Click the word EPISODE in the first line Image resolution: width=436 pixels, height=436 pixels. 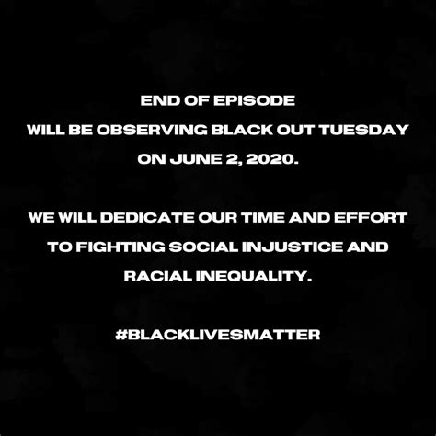pyautogui.click(x=254, y=100)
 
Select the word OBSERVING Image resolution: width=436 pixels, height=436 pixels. pyautogui.click(x=152, y=130)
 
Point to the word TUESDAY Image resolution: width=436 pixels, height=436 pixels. pyautogui.click(x=364, y=130)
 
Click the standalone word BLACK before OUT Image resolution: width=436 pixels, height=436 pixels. pyautogui.click(x=242, y=130)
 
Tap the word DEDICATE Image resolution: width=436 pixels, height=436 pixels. pyautogui.click(x=147, y=218)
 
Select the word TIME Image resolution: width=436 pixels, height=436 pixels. pyautogui.click(x=262, y=218)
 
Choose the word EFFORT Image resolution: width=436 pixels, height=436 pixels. pyautogui.click(x=371, y=218)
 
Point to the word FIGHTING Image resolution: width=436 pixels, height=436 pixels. pyautogui.click(x=120, y=247)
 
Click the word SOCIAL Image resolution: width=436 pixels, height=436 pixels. pyautogui.click(x=203, y=247)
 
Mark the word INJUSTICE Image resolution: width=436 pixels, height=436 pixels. pyautogui.click(x=293, y=247)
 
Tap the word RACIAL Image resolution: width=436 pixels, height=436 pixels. pyautogui.click(x=157, y=276)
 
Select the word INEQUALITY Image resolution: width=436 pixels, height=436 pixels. pyautogui.click(x=254, y=276)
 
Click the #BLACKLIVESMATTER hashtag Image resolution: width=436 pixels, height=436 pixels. pyautogui.click(x=218, y=335)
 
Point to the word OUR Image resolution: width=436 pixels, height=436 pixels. pyautogui.click(x=217, y=218)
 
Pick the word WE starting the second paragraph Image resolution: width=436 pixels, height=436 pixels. pyautogui.click(x=41, y=218)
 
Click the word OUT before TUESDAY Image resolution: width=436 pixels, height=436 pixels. pyautogui.click(x=295, y=130)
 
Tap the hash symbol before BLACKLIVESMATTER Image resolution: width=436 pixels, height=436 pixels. pyautogui.click(x=121, y=335)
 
